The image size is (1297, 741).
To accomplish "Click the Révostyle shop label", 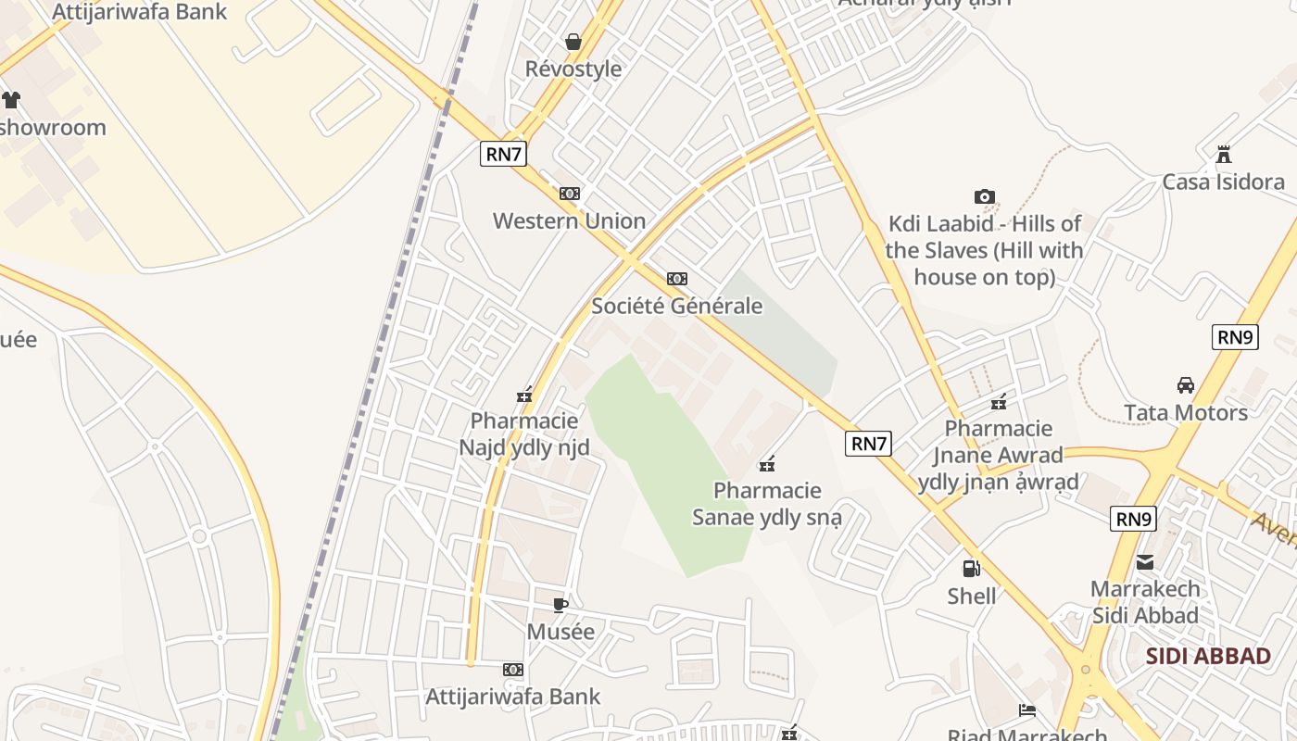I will coord(573,69).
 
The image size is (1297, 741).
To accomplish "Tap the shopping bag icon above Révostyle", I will coord(573,42).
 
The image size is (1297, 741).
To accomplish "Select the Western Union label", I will coord(569,221).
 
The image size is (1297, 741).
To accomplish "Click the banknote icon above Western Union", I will coord(570,194).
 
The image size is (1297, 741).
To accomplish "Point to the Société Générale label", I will coord(676,307).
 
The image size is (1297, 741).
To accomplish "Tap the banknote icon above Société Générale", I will coord(677,279).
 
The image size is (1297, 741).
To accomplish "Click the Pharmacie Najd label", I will coord(524,435).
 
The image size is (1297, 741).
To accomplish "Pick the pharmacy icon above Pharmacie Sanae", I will coord(767,463).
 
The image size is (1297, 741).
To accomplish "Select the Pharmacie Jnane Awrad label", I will coord(999,455).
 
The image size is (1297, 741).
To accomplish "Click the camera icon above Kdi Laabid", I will coord(985,196).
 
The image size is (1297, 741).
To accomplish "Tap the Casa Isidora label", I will coord(1223,182).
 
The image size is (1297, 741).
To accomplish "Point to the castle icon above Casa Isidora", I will coord(1224,154).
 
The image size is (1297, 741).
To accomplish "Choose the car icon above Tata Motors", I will coord(1185,384).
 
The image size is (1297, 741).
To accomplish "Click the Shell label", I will coord(972,596).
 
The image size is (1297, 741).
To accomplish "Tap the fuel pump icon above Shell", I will coord(971,568).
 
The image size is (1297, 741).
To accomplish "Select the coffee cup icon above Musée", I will coord(560,605).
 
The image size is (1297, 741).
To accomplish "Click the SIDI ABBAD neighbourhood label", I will coord(1208,657).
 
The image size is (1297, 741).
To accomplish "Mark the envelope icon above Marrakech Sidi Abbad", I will coord(1145,561).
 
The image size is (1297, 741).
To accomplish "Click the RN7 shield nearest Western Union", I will coord(503,154).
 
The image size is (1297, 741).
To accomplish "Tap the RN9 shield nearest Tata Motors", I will coord(1235,337).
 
